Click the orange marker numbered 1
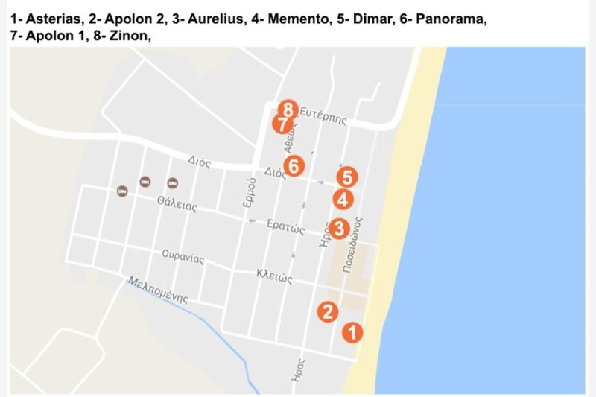(352, 332)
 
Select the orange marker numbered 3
(338, 229)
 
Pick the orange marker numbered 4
(342, 200)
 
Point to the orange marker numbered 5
(346, 177)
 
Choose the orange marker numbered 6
(294, 165)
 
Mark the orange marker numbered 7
(282, 123)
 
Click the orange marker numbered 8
(289, 110)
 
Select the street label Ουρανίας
(183, 257)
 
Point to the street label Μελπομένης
(157, 290)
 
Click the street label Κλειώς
(273, 277)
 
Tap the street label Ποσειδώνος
(353, 246)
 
